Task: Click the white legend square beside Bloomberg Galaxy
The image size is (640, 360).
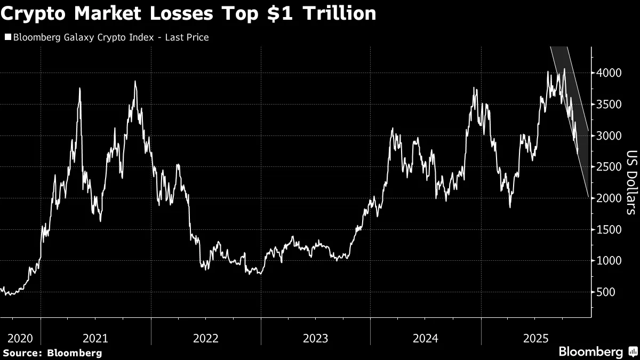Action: pyautogui.click(x=7, y=37)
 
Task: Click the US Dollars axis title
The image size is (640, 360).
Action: pyautogui.click(x=631, y=182)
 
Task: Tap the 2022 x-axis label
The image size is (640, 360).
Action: pyautogui.click(x=206, y=338)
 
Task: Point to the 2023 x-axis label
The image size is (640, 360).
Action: pyautogui.click(x=316, y=338)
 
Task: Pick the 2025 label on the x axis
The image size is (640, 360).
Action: pyautogui.click(x=535, y=338)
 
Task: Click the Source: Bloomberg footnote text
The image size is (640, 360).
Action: pyautogui.click(x=52, y=353)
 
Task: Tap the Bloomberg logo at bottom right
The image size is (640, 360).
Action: pyautogui.click(x=596, y=351)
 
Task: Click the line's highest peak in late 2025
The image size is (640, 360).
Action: pyautogui.click(x=564, y=69)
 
